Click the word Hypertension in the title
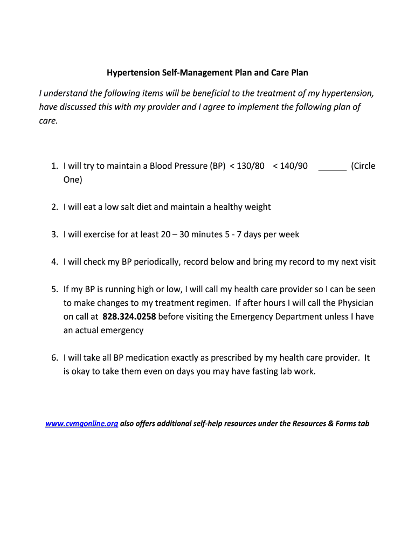pos(129,72)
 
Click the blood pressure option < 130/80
pos(247,166)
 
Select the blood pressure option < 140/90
pos(290,166)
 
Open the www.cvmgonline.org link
pos(81,424)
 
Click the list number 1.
pos(55,166)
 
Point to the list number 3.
pos(55,234)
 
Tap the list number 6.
pos(55,358)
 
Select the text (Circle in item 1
pos(363,166)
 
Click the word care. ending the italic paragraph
pos(48,121)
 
